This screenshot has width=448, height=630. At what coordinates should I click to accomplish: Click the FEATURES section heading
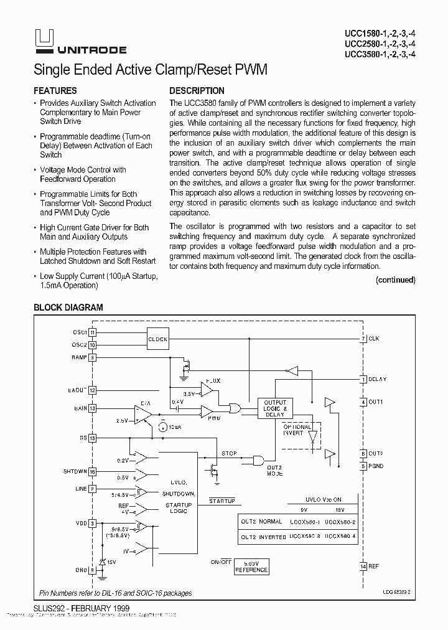click(x=55, y=91)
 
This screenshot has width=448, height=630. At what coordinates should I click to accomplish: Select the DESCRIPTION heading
click(x=197, y=91)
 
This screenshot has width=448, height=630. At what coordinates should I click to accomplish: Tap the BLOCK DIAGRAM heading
click(x=68, y=308)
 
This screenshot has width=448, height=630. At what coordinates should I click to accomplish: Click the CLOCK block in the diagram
click(x=157, y=339)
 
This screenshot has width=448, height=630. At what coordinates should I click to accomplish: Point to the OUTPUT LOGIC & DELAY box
click(x=275, y=408)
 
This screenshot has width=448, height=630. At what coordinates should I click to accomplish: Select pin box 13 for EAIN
click(x=92, y=408)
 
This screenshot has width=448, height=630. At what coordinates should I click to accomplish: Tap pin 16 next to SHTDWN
click(x=92, y=472)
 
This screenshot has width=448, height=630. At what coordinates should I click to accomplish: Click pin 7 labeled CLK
click(x=363, y=339)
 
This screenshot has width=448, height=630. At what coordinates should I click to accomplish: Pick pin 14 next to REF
click(x=363, y=566)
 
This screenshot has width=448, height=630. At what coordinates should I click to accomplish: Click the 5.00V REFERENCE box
click(x=251, y=567)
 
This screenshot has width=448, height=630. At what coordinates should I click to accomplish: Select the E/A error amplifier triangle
click(x=144, y=414)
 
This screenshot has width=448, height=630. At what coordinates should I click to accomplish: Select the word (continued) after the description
click(x=395, y=280)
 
